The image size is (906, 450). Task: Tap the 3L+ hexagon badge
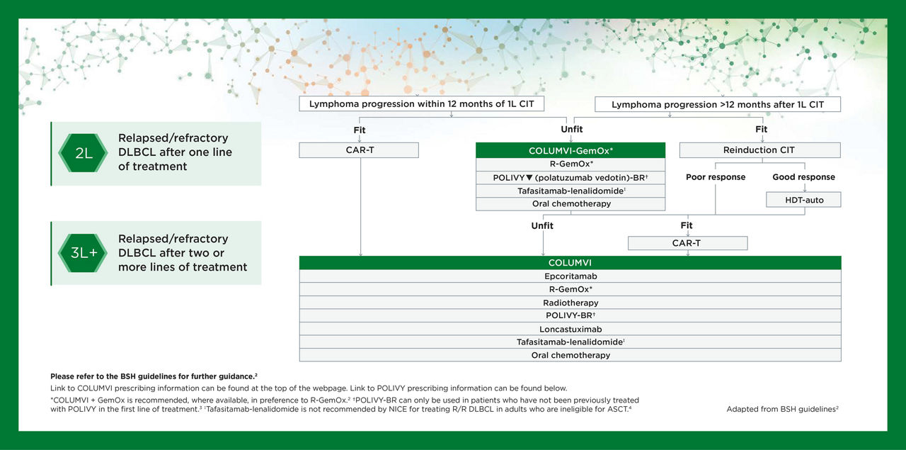click(x=83, y=253)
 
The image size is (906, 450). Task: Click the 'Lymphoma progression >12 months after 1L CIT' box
click(x=717, y=105)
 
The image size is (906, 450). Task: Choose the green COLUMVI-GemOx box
click(x=570, y=151)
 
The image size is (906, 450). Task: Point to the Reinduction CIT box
click(x=759, y=150)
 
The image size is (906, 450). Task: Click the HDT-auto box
click(x=804, y=200)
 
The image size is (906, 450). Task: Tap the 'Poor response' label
click(x=715, y=177)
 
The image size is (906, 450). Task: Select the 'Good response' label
click(x=803, y=177)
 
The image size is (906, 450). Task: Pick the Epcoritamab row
click(x=570, y=276)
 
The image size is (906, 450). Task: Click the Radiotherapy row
click(x=570, y=303)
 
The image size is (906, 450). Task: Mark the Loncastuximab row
click(x=570, y=329)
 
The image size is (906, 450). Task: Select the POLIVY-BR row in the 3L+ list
click(x=570, y=315)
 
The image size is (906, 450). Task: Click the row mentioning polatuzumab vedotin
click(x=570, y=178)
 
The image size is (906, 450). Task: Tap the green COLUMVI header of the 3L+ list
click(x=570, y=263)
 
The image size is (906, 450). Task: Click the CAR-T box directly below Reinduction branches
click(x=687, y=243)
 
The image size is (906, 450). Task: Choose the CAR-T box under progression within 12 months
click(x=359, y=150)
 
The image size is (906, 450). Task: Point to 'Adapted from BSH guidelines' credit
click(x=782, y=409)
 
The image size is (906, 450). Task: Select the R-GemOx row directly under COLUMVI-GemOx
click(x=570, y=164)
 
